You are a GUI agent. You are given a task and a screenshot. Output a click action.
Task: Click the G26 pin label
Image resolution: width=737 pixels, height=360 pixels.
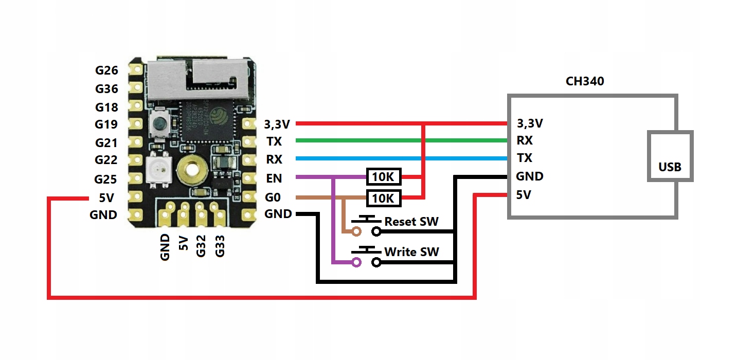coord(106,70)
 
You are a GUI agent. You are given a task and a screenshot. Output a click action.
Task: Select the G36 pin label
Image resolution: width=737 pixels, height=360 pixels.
coord(106,89)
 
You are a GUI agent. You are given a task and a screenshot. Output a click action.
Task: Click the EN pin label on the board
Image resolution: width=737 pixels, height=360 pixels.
coord(274,178)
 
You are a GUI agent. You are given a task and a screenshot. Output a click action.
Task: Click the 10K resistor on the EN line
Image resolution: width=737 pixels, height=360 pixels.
coord(383,177)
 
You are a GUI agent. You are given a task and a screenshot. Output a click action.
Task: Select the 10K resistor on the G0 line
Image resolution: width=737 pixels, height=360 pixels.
coord(383,197)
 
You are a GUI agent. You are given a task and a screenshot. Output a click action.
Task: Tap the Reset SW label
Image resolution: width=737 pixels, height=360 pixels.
coord(411,222)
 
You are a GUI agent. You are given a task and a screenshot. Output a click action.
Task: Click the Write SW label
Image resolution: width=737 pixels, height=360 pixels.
coord(411,252)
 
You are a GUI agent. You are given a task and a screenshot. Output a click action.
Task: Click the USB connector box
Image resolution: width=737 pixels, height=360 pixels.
coord(670,156)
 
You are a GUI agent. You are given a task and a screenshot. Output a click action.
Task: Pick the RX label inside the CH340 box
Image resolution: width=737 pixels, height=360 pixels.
coord(525,140)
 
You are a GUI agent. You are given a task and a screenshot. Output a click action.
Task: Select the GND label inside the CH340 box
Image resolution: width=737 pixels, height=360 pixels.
coord(530,176)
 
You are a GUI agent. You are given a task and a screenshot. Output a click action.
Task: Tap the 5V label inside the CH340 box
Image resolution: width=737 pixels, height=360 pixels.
coord(524,195)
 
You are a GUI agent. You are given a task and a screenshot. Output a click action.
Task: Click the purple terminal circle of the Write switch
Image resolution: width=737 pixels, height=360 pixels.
coord(356,263)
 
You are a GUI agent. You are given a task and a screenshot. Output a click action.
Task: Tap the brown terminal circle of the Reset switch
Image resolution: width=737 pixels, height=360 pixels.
coord(356,232)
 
